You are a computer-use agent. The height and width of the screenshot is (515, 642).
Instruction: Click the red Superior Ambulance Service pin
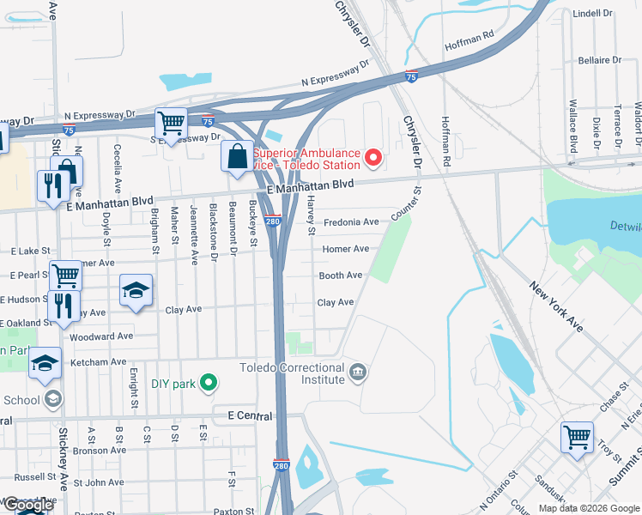click(x=372, y=157)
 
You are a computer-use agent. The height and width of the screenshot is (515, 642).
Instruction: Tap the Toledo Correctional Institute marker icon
click(x=359, y=373)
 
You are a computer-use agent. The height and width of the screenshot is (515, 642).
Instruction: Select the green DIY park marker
click(x=207, y=383)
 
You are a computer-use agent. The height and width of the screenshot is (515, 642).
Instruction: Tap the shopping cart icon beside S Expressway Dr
click(x=171, y=124)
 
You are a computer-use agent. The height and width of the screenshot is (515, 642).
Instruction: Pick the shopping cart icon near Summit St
click(x=577, y=436)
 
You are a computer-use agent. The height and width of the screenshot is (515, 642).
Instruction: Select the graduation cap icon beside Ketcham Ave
click(x=45, y=364)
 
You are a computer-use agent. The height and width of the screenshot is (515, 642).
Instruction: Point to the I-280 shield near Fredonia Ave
click(x=274, y=221)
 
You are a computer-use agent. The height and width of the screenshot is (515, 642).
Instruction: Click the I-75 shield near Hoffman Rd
click(x=411, y=77)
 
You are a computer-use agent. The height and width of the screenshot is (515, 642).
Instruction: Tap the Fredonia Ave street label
click(x=351, y=222)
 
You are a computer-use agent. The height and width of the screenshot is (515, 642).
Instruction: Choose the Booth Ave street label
click(x=341, y=276)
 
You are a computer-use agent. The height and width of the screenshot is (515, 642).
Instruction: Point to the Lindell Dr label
click(x=592, y=14)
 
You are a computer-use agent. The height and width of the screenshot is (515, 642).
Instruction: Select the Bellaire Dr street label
click(x=599, y=60)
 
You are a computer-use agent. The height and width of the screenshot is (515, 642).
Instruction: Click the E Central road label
click(x=250, y=416)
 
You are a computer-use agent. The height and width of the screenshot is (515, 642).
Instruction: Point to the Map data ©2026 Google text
click(x=589, y=508)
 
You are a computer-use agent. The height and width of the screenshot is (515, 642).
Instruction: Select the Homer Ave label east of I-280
click(x=345, y=249)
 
